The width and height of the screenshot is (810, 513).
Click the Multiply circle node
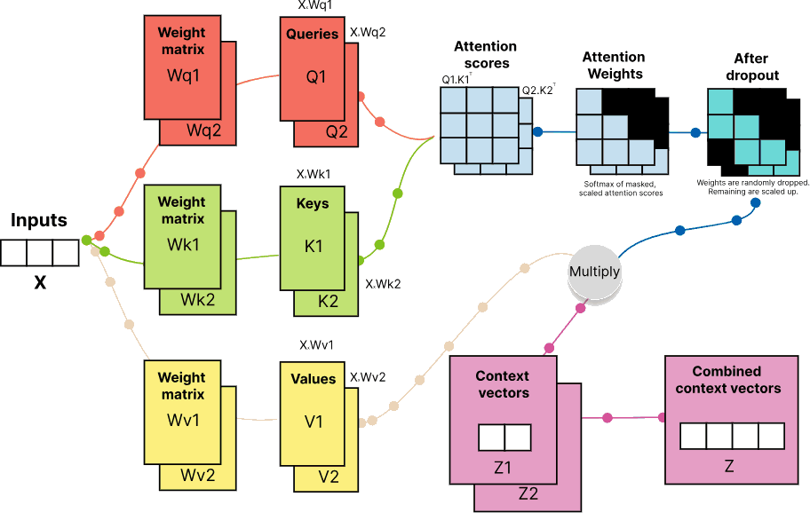(594, 271)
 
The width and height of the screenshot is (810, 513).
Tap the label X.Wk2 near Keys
(384, 285)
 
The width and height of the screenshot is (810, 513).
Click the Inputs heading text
(39, 219)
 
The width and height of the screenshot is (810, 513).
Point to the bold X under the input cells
(39, 283)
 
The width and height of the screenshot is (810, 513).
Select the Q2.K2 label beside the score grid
(537, 91)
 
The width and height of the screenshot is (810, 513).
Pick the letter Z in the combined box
(729, 465)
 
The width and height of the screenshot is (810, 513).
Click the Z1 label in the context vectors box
(502, 466)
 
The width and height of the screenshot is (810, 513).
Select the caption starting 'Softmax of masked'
(617, 188)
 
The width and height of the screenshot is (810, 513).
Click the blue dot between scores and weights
(537, 132)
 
